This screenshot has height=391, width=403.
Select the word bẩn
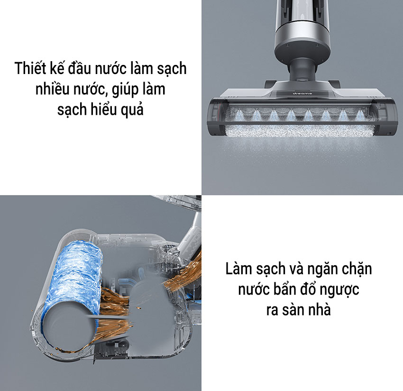coord(287,289)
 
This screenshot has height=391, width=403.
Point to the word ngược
coord(339,290)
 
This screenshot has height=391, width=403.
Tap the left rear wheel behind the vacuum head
coord(270,84)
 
